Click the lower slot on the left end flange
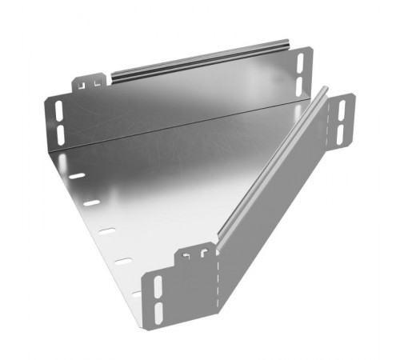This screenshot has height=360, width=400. click(x=60, y=129)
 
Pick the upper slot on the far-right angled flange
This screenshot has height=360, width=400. click(x=342, y=109)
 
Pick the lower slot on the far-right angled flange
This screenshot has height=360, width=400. click(x=342, y=131)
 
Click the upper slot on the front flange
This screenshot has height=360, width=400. click(x=157, y=286)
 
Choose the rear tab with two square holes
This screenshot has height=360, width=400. click(x=91, y=82)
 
